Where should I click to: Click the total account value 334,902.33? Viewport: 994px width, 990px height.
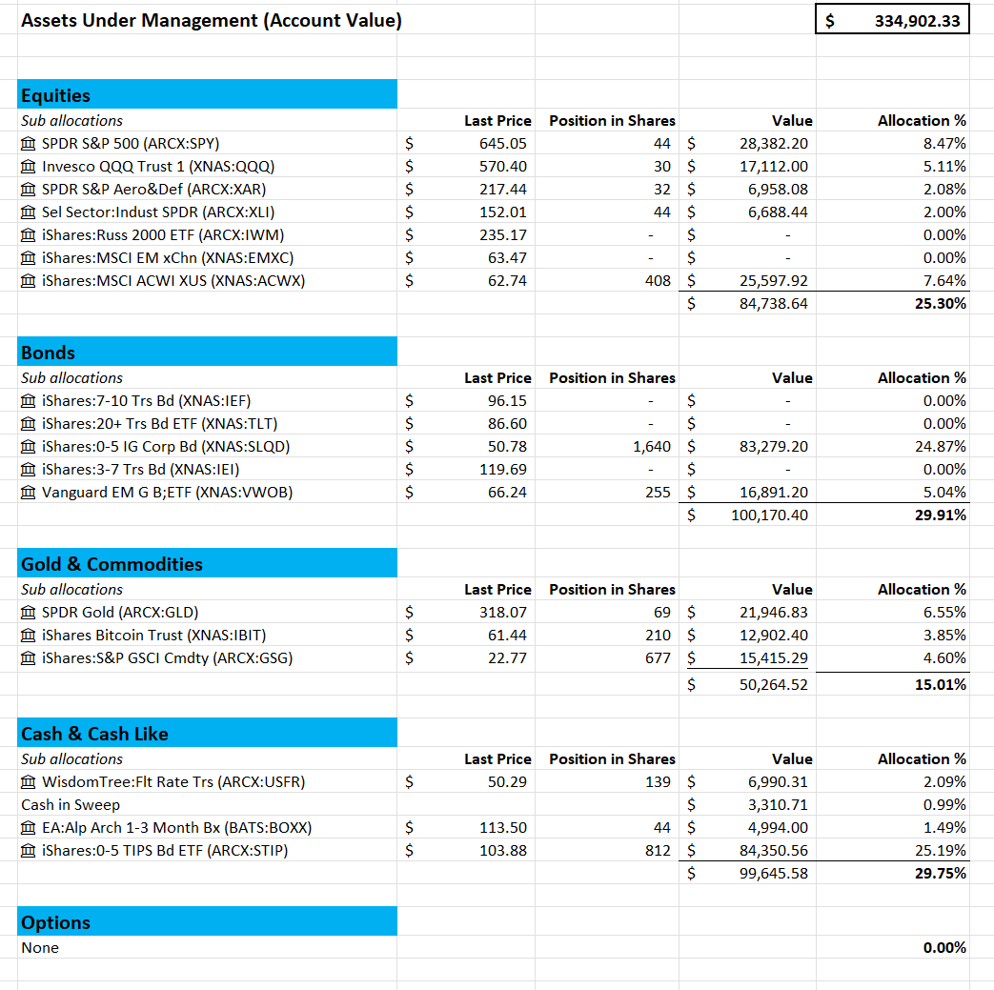click(x=917, y=20)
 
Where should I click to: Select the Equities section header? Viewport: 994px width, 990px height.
click(x=56, y=95)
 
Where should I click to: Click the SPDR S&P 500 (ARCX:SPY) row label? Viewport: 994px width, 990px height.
click(x=130, y=144)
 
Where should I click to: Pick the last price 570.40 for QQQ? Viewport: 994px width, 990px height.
click(x=502, y=167)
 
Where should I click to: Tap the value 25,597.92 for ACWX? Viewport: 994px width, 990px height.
click(x=773, y=281)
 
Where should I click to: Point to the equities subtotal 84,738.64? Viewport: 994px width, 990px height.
click(x=773, y=304)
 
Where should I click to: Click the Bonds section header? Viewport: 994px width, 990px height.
click(x=48, y=353)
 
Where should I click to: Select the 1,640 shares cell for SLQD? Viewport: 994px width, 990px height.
click(x=651, y=447)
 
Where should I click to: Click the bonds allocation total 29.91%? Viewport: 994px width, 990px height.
click(x=941, y=515)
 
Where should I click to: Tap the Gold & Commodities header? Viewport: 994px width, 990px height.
click(x=112, y=564)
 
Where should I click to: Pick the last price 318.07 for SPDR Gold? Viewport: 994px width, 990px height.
click(x=502, y=613)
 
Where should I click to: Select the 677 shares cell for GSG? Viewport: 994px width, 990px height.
click(x=658, y=658)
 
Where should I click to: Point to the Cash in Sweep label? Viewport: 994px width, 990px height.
click(x=71, y=805)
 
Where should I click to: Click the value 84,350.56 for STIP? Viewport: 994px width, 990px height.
click(x=773, y=851)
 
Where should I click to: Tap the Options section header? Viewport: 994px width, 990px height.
click(x=55, y=922)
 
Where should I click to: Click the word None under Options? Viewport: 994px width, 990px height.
click(x=40, y=948)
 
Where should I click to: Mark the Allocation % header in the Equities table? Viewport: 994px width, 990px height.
click(x=921, y=121)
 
